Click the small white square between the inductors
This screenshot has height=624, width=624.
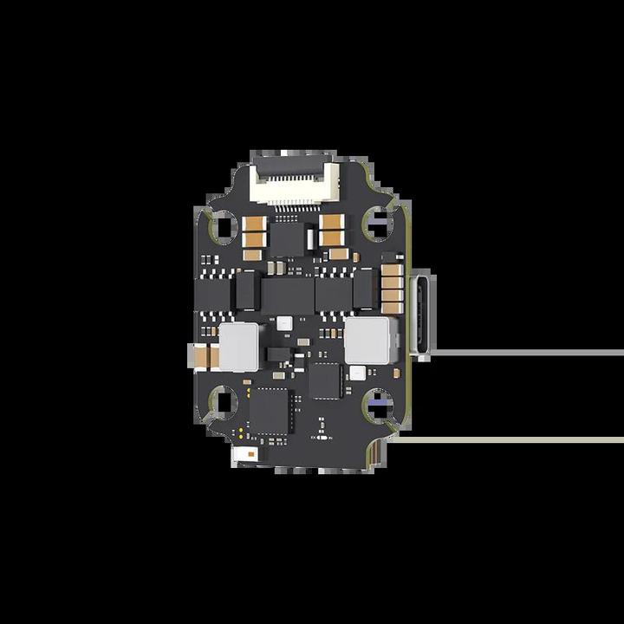pos(283,322)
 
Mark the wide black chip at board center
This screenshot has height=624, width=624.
pos(289,295)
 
